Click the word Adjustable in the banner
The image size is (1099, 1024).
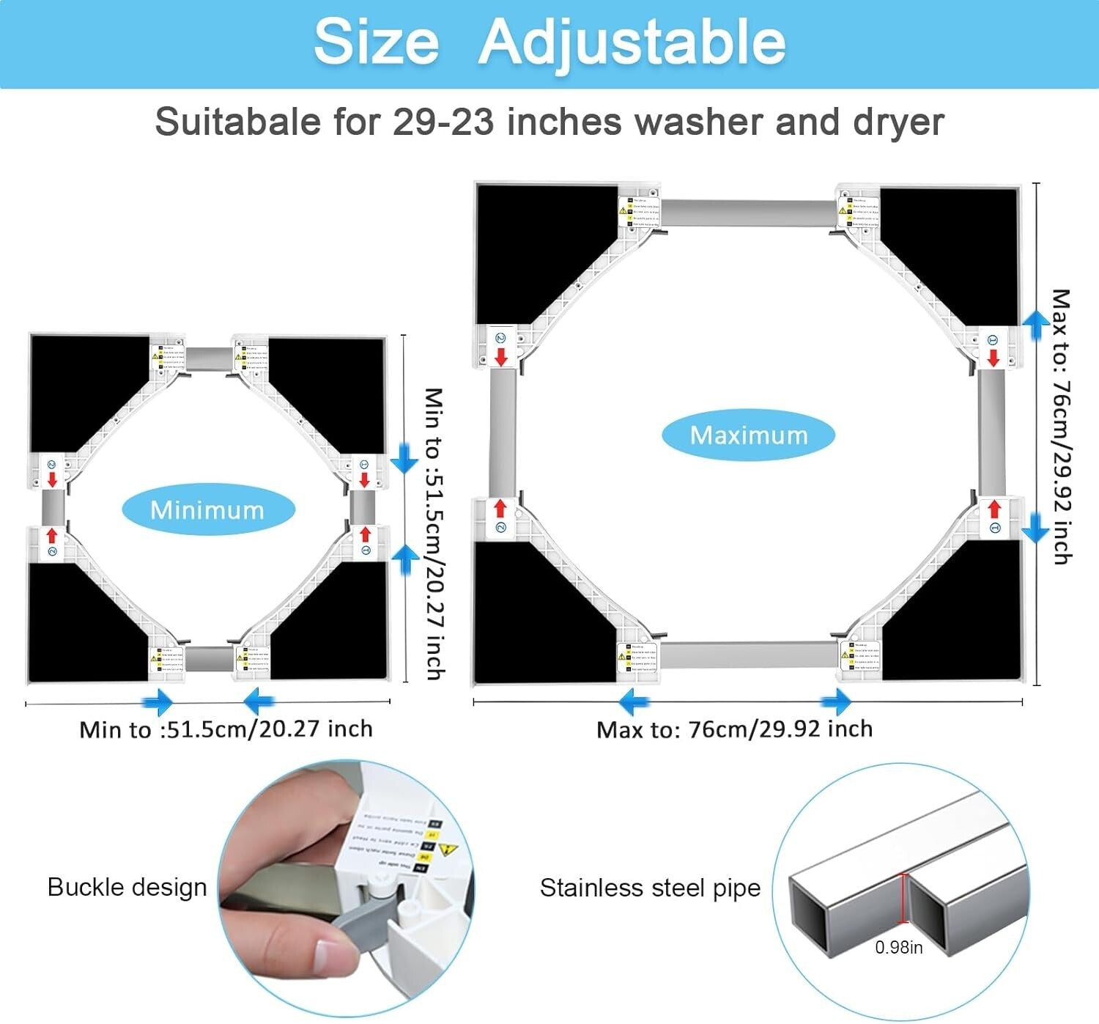click(632, 43)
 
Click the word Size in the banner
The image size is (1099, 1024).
click(376, 43)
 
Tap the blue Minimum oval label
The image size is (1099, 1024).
click(207, 509)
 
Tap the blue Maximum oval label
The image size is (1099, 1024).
click(748, 435)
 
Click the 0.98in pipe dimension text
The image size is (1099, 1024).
click(898, 947)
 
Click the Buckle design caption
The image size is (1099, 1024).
click(127, 887)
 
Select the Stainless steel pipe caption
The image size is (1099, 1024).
click(650, 888)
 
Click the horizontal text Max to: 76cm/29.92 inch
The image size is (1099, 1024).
click(734, 729)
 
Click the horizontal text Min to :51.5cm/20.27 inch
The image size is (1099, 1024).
click(226, 729)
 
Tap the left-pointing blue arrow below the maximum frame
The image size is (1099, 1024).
click(633, 702)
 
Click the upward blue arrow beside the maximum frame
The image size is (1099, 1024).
click(1035, 324)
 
